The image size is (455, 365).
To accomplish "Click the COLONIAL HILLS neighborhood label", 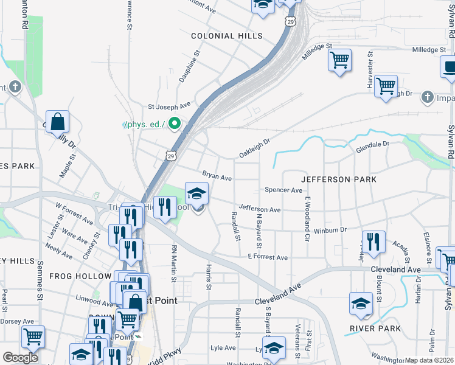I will point(227,36).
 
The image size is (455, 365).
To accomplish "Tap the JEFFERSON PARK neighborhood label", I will point(339,179).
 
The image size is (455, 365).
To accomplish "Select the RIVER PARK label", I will point(375,328).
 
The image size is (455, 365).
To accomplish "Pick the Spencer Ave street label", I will point(283,190).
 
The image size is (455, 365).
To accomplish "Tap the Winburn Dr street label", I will point(330,230).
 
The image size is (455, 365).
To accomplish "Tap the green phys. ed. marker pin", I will point(175,124).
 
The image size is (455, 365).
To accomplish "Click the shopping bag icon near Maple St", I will point(58,122).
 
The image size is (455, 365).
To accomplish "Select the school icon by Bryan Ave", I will point(196,194).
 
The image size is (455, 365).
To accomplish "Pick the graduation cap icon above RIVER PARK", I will point(361,304).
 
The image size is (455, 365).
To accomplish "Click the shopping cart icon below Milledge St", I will point(339,60).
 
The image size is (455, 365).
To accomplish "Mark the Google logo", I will point(20,358).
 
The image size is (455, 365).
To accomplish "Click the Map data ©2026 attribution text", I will point(429,360).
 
